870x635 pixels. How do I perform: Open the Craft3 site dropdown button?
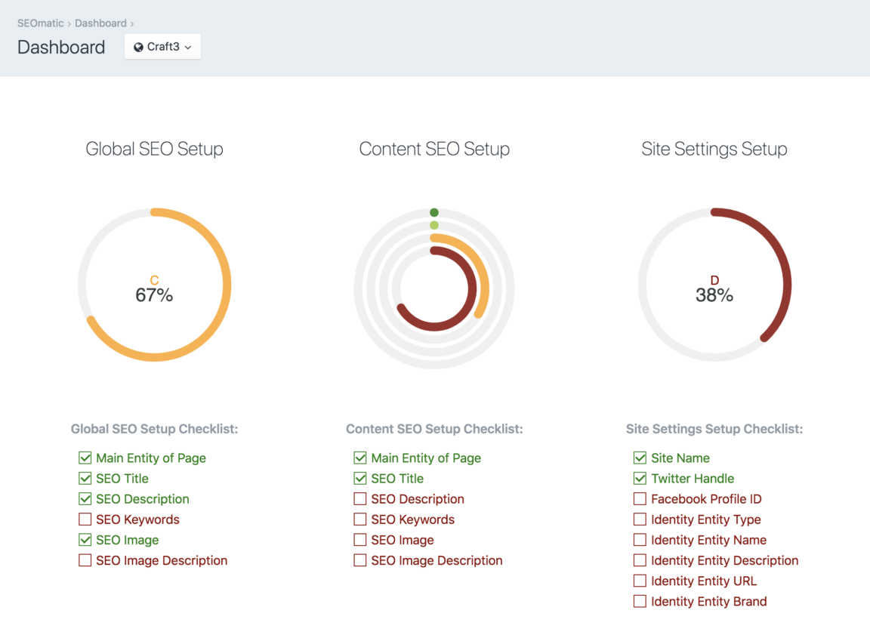[x=162, y=47]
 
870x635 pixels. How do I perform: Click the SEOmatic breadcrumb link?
[x=40, y=23]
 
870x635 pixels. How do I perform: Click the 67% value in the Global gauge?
[x=154, y=295]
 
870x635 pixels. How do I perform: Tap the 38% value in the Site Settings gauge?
[x=714, y=295]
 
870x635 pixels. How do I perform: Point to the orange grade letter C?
[x=154, y=280]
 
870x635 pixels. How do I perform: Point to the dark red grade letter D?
[x=714, y=280]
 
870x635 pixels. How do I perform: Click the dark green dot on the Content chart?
[x=434, y=212]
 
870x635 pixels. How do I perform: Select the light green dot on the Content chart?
[x=434, y=225]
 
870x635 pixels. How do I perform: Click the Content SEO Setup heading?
[x=434, y=150]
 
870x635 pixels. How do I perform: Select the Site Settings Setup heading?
[x=714, y=150]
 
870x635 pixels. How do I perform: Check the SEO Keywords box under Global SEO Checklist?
[x=85, y=519]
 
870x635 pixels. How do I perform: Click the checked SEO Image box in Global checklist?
[x=85, y=540]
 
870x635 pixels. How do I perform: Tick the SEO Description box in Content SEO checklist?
[x=360, y=499]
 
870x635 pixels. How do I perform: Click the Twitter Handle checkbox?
[x=640, y=479]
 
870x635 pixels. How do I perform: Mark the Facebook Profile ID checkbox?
[x=640, y=499]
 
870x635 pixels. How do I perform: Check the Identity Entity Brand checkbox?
[x=640, y=602]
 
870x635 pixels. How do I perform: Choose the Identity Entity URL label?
[x=703, y=581]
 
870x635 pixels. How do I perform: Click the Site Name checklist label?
[x=680, y=458]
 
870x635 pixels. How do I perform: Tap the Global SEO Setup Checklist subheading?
[x=154, y=429]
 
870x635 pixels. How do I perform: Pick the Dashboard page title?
[x=61, y=47]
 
